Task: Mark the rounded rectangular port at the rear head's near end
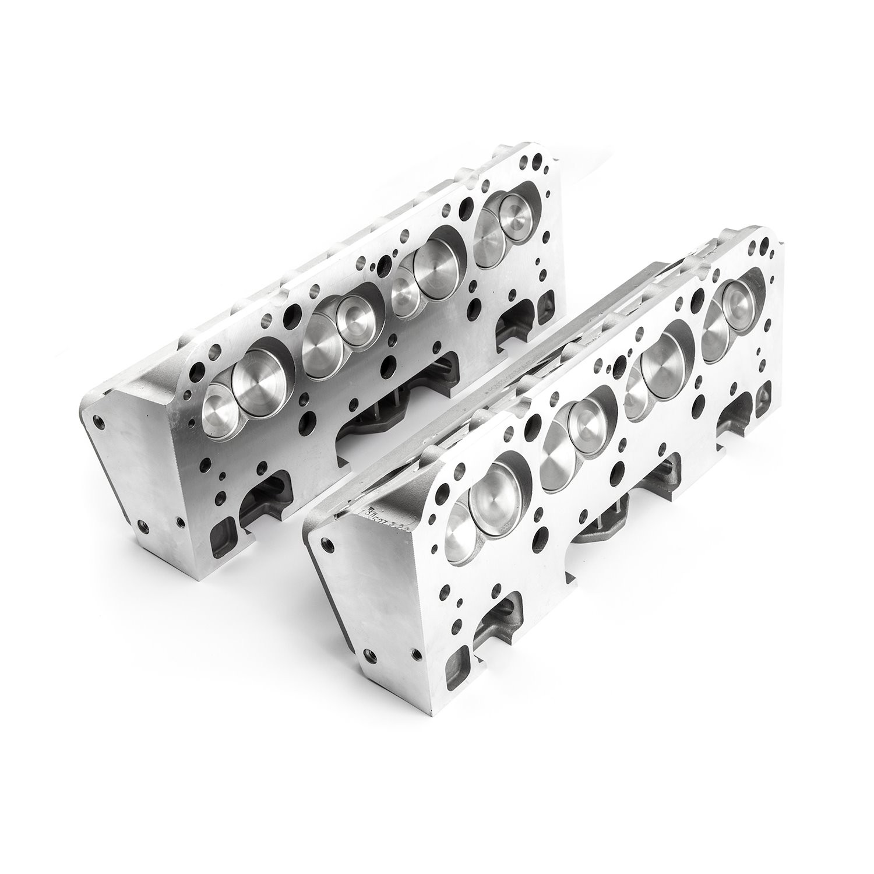coord(223,533)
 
